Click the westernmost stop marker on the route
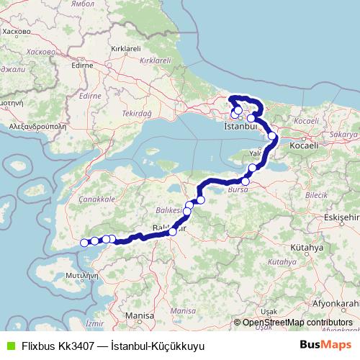84,243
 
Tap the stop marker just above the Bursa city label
246,181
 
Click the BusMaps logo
321,346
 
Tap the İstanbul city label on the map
240,126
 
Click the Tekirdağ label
137,114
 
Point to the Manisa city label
139,315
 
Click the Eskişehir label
342,217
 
